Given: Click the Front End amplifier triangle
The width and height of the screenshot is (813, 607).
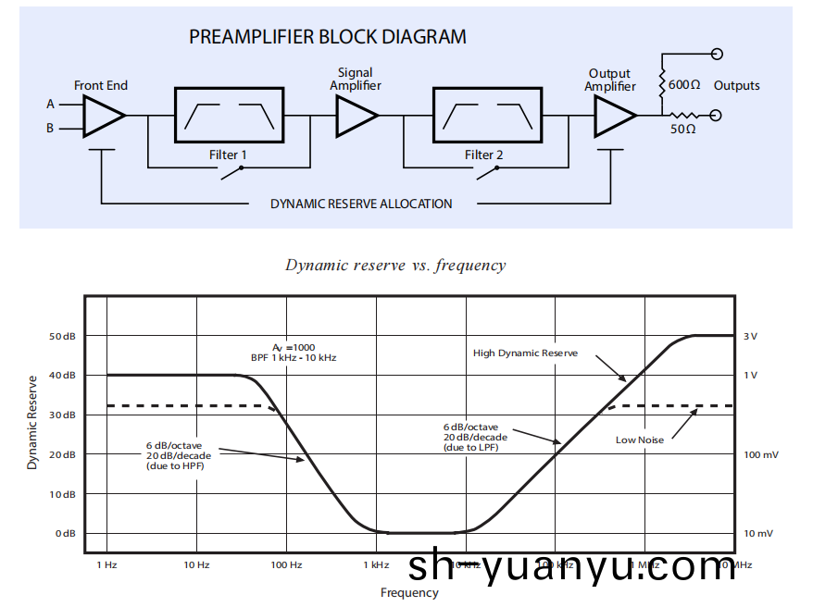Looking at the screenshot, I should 102,117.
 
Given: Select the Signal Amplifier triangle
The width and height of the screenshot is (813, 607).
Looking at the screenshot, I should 356,117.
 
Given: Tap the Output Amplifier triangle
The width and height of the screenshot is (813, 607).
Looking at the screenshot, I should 613,117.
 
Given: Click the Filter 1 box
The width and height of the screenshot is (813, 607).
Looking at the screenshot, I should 229,116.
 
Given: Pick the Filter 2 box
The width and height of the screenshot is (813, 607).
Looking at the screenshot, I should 487,116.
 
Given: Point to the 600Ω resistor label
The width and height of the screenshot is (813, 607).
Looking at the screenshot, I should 683,85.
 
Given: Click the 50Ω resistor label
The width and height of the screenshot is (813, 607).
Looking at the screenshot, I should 683,130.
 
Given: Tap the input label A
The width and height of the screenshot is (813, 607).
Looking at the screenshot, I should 51,105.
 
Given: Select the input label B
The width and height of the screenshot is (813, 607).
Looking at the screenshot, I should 51,129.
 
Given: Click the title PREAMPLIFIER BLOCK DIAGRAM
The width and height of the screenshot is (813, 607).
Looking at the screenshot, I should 328,38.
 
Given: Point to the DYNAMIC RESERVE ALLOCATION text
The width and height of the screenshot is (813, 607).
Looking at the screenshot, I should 361,204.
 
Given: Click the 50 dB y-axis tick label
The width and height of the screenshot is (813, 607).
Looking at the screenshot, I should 62,336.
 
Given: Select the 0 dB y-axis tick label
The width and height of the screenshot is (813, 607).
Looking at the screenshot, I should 65,534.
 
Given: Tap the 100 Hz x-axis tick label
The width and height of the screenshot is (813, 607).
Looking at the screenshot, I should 286,564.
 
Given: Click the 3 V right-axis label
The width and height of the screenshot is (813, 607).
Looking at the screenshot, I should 750,336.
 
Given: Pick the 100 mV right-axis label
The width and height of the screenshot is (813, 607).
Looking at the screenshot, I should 761,454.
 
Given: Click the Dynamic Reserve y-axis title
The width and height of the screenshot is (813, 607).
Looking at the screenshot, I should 32,422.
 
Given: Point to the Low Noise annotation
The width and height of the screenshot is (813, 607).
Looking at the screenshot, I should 640,440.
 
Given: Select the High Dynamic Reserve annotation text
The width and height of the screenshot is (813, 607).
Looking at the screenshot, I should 525,353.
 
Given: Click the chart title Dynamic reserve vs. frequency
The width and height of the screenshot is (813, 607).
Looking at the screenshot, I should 395,266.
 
